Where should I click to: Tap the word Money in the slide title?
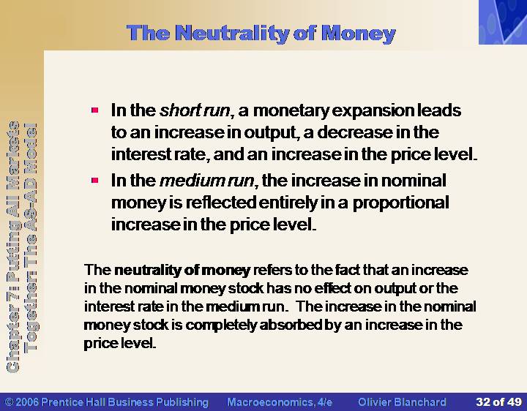[x=358, y=33]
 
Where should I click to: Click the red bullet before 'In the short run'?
[x=94, y=110]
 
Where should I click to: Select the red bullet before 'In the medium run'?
[x=94, y=181]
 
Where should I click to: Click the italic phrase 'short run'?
[x=195, y=110]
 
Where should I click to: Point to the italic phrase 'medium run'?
[x=206, y=181]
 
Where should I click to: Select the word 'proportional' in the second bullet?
[x=400, y=203]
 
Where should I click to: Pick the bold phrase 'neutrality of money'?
[x=182, y=271]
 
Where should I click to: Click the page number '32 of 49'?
[x=498, y=402]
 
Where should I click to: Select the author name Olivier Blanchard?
[x=402, y=402]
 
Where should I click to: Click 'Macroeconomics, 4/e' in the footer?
[x=280, y=402]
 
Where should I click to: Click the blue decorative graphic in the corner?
[x=503, y=22]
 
